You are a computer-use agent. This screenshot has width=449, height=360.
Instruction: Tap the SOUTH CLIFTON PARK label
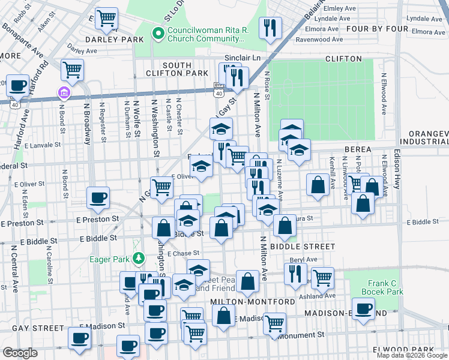click(x=176, y=69)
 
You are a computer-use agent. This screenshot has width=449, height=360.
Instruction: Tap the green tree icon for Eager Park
click(x=139, y=259)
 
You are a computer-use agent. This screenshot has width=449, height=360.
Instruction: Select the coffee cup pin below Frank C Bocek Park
click(x=363, y=308)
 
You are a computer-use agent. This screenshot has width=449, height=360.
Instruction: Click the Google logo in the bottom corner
click(x=20, y=353)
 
